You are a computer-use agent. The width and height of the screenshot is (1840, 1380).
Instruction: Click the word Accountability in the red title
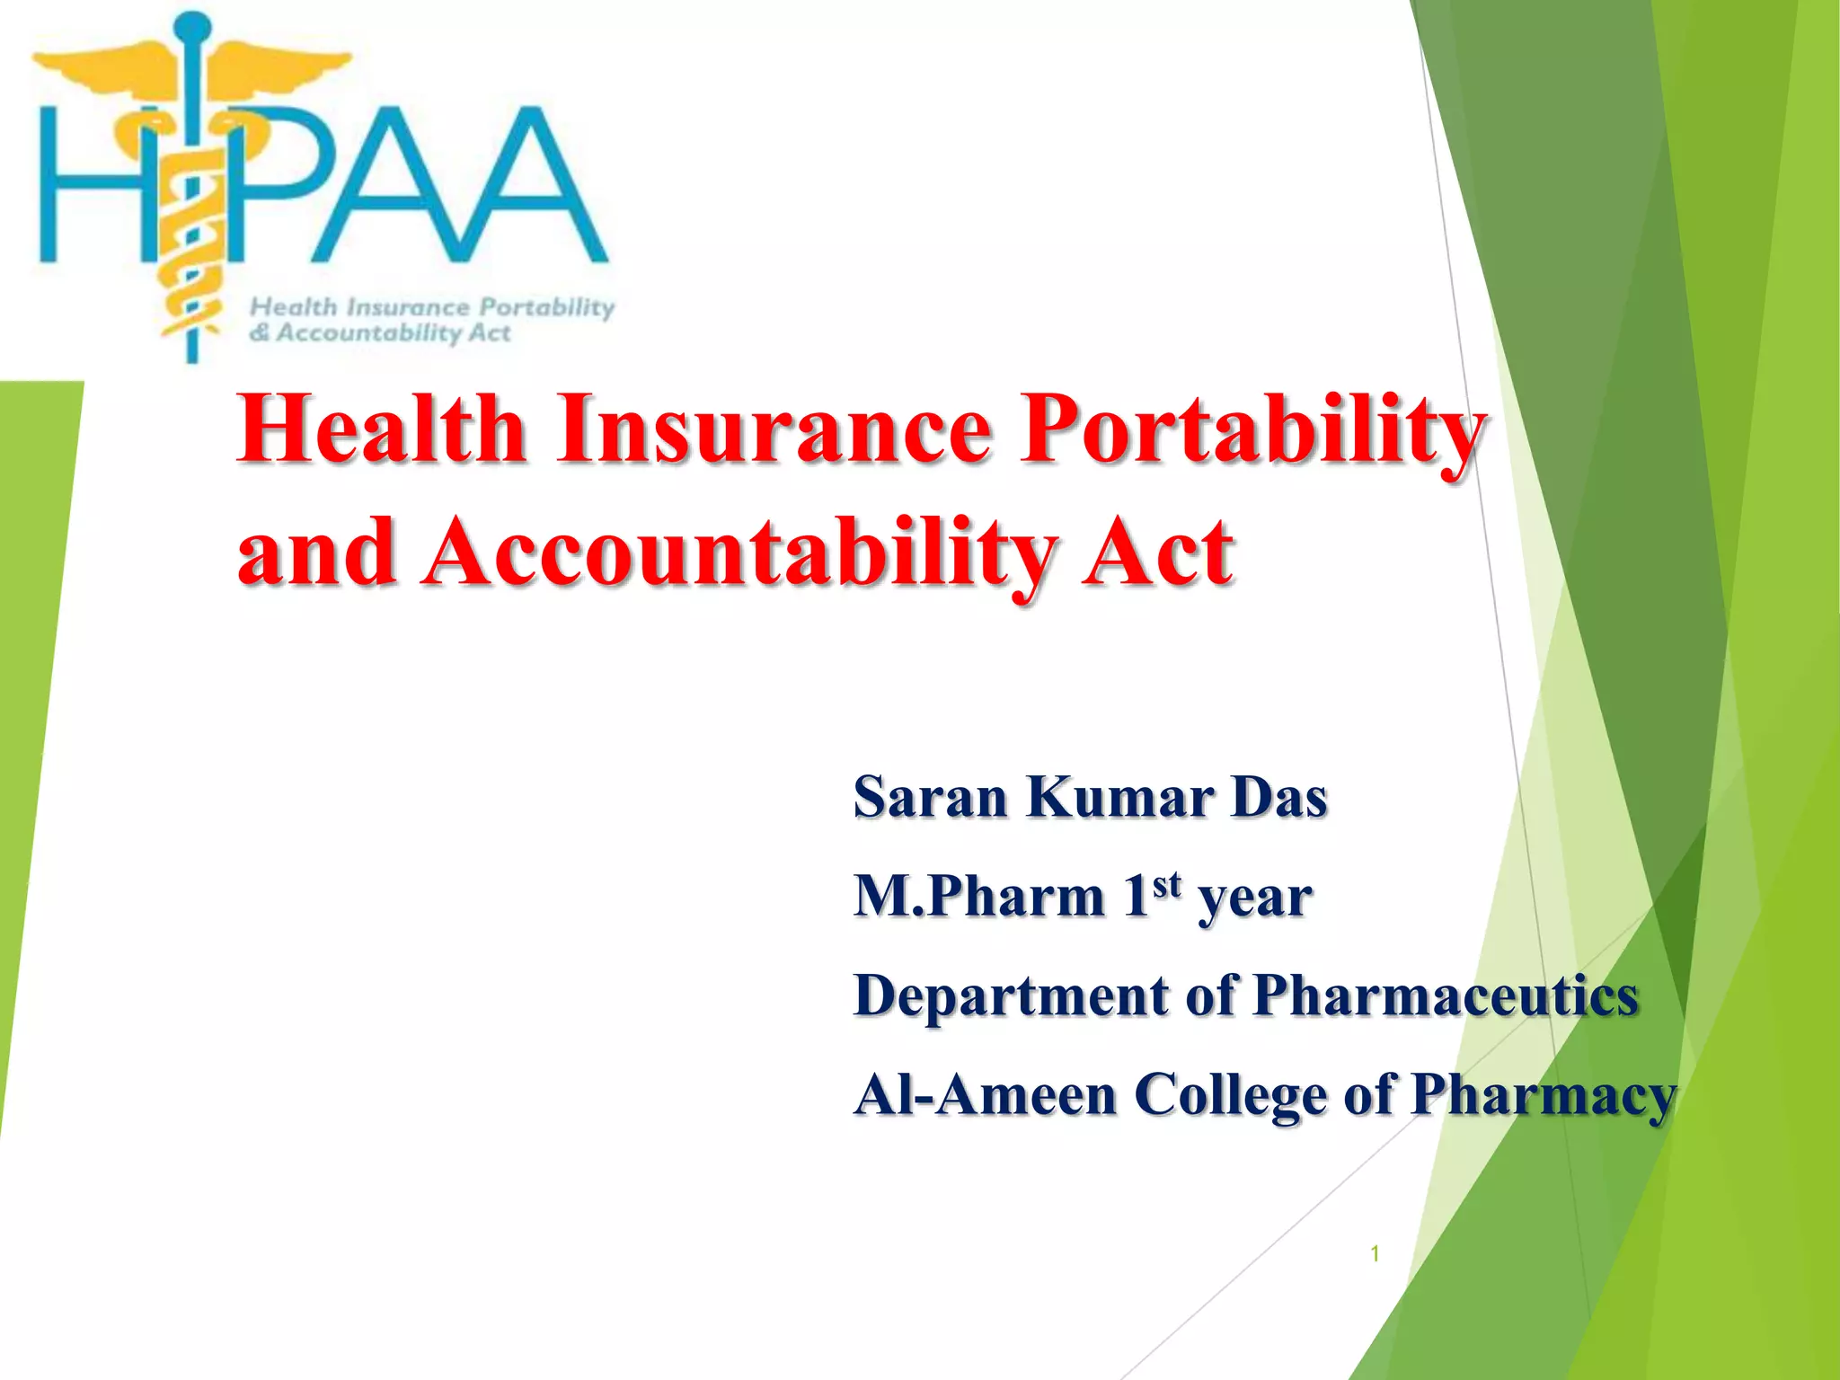737,553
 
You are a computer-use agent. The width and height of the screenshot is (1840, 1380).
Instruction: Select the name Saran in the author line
930,798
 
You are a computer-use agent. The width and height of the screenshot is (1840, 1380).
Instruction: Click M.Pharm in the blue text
979,897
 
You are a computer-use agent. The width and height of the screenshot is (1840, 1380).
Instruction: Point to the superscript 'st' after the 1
1166,884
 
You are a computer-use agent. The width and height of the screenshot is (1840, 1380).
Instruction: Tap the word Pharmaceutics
1446,995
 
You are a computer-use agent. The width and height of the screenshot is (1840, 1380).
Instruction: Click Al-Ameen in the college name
985,1094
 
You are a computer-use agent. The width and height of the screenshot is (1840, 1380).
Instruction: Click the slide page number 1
1375,1254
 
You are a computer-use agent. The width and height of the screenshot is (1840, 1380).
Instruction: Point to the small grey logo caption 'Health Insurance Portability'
432,307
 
